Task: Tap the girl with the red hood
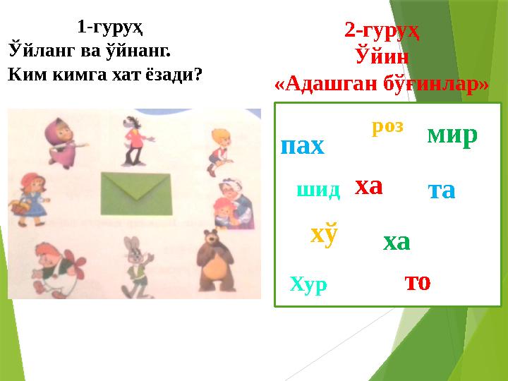(x=27, y=194)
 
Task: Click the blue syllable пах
(x=302, y=146)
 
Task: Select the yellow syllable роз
(x=387, y=126)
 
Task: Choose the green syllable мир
(x=452, y=134)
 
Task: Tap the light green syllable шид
(x=318, y=189)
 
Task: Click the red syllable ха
(x=368, y=186)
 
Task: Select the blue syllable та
(x=442, y=190)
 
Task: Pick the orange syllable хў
(x=324, y=234)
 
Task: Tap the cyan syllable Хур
(x=308, y=284)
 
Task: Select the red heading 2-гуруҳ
(x=382, y=30)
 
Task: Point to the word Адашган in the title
(x=325, y=83)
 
